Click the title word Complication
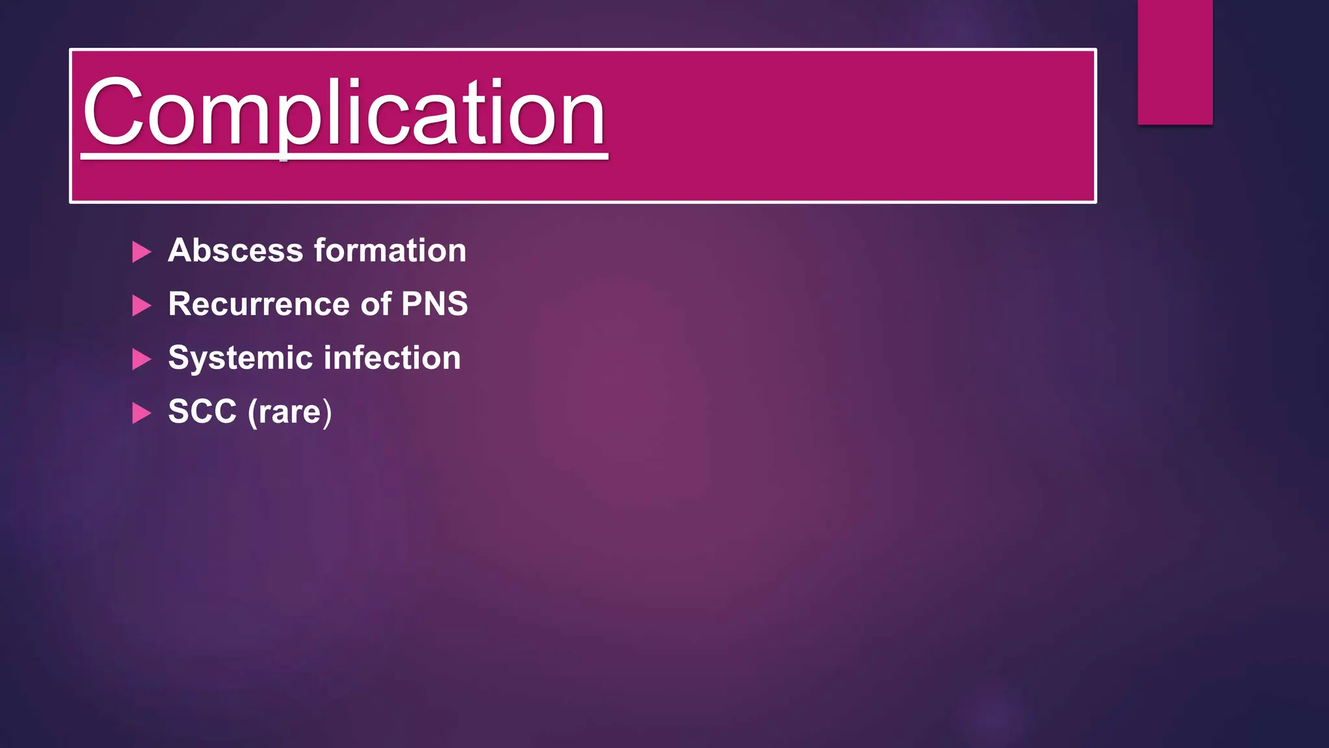[x=344, y=114]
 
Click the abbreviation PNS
[x=434, y=304]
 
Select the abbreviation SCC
[x=202, y=412]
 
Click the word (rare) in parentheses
[x=289, y=412]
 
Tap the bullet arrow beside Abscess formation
[x=141, y=252]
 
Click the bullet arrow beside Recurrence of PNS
[x=141, y=305]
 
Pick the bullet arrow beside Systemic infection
[x=141, y=359]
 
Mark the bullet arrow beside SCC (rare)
[x=141, y=413]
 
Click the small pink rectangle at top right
[x=1175, y=62]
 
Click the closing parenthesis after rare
[x=327, y=412]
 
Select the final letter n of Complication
[x=584, y=120]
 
